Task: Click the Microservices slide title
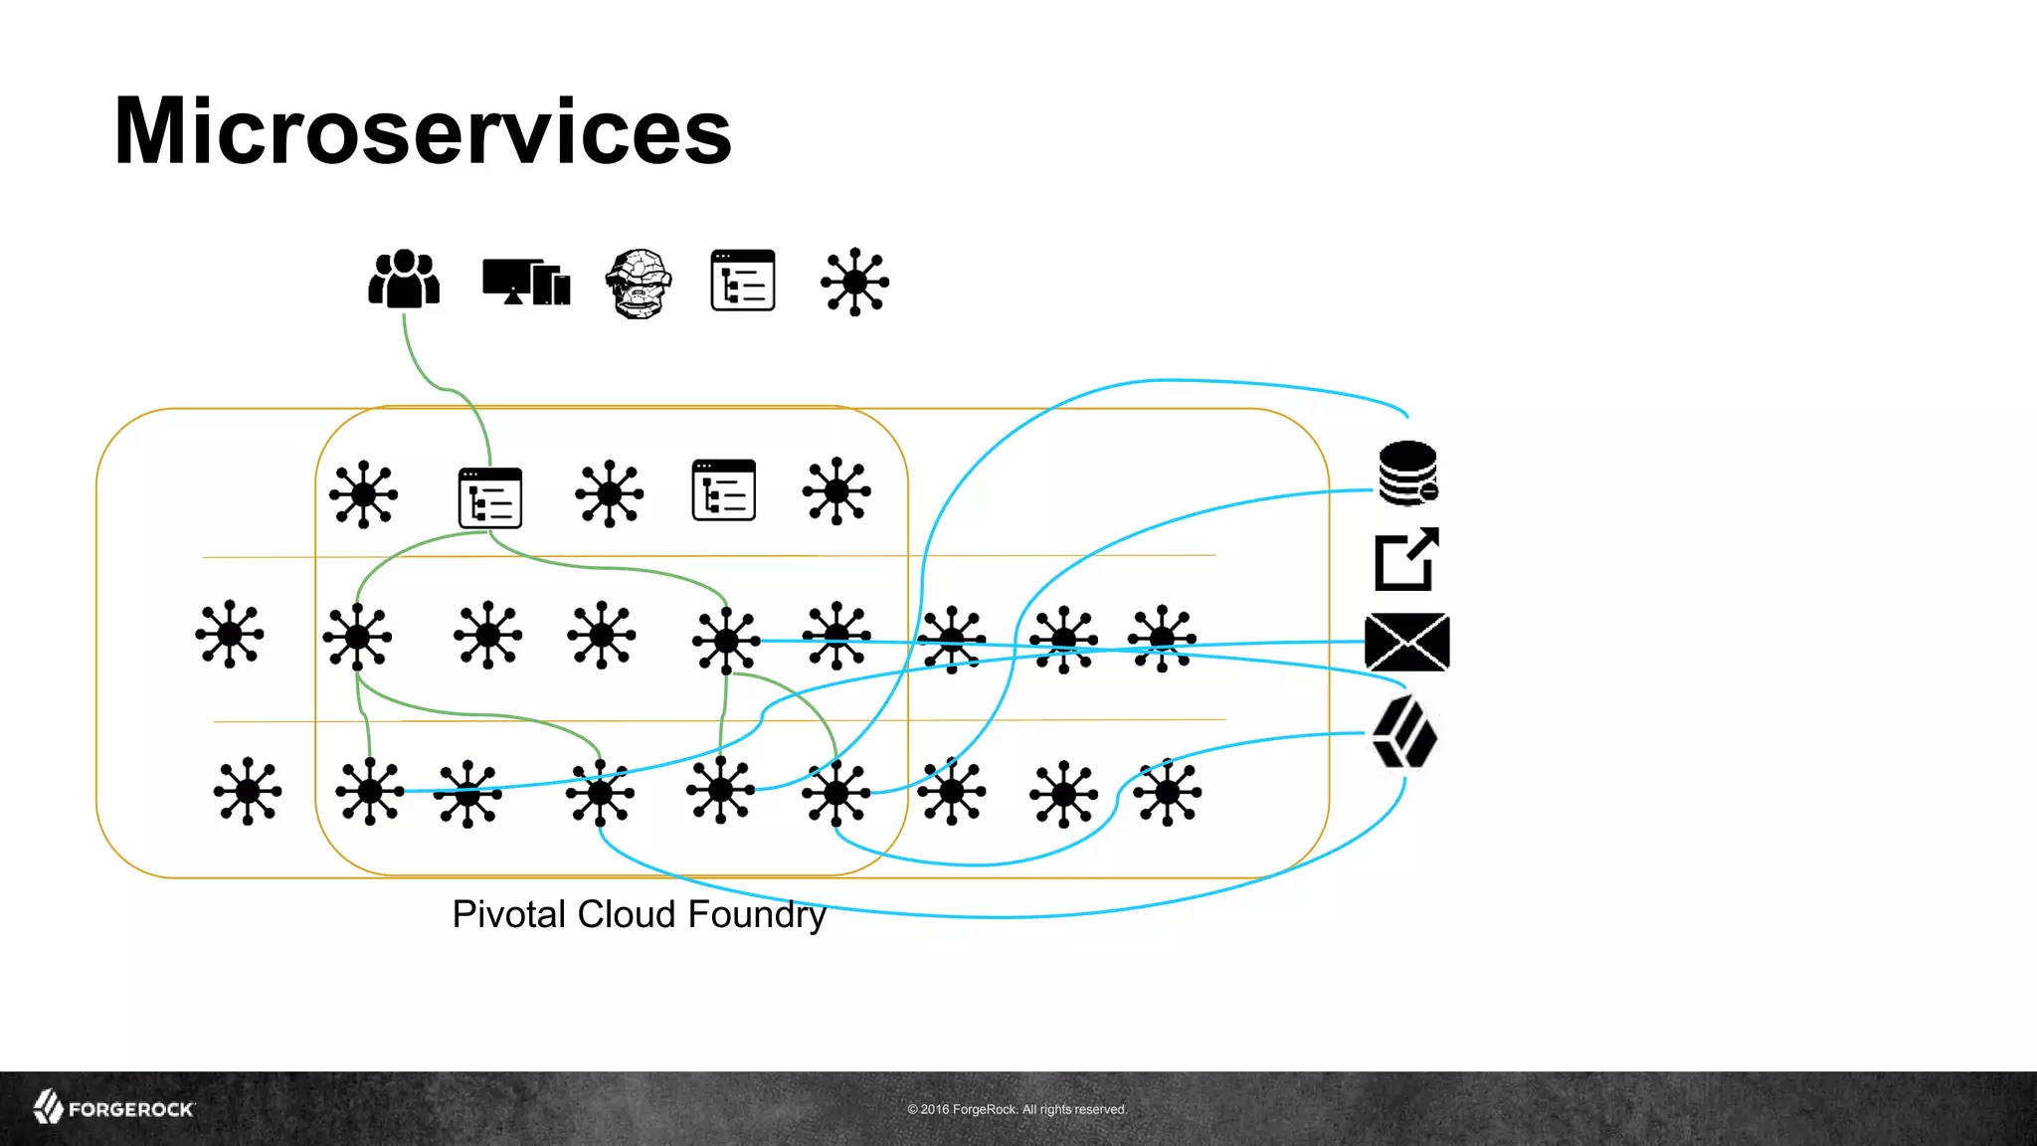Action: (423, 131)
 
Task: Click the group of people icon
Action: (404, 280)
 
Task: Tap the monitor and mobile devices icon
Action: (526, 283)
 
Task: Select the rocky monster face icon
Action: (639, 284)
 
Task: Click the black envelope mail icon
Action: (1407, 642)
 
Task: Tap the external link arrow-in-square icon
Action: (1406, 559)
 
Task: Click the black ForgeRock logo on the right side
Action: (1404, 732)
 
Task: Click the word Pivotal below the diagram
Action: (509, 914)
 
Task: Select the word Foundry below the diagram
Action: (757, 914)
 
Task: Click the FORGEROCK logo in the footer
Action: (114, 1108)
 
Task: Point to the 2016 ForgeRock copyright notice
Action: (1017, 1109)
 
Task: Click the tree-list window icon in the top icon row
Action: (743, 281)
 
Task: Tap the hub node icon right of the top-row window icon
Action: (855, 283)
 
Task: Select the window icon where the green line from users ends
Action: (490, 497)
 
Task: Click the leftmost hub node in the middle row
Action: (230, 634)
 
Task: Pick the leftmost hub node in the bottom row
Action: (248, 791)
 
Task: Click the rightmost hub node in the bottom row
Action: (1167, 792)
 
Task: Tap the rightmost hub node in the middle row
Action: (1162, 639)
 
